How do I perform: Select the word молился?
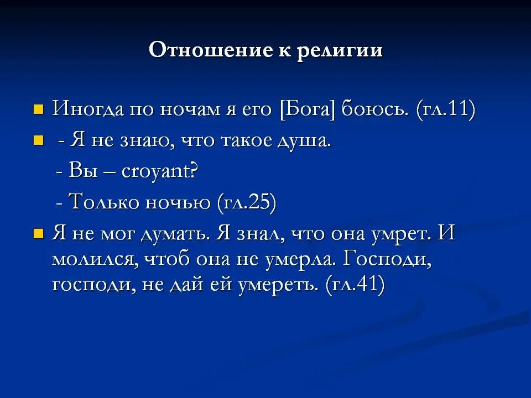tap(95, 258)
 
